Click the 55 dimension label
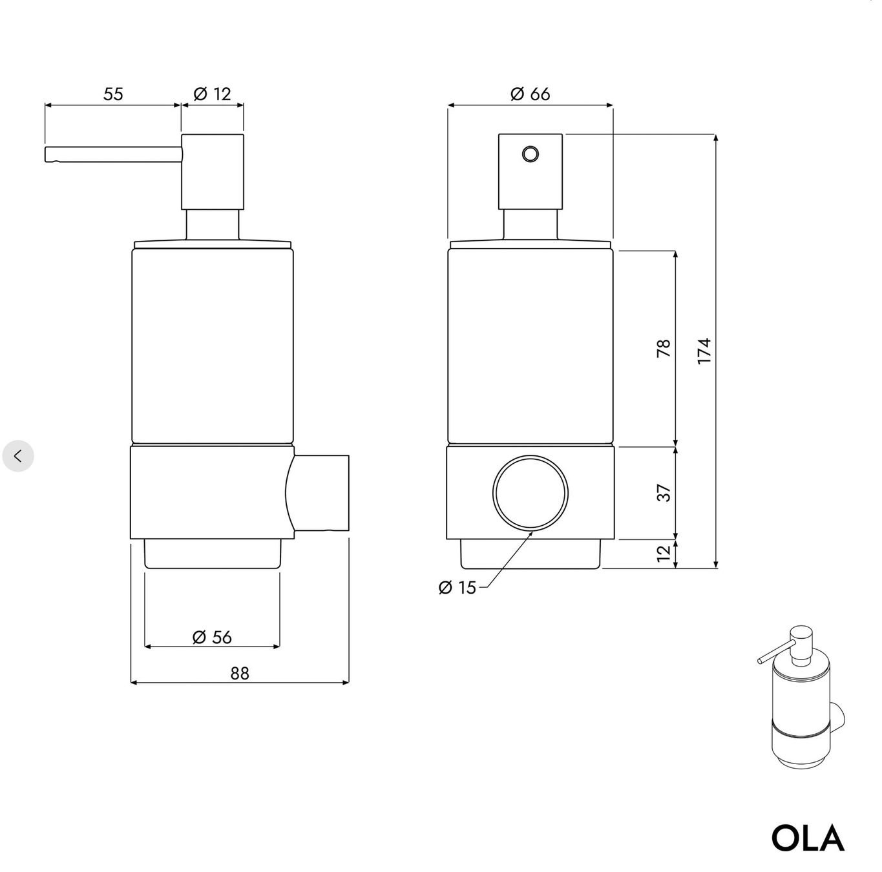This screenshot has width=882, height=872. click(x=113, y=94)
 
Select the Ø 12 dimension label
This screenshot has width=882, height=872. click(x=213, y=94)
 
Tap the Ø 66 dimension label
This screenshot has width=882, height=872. click(x=530, y=94)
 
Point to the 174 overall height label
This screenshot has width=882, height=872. click(x=704, y=351)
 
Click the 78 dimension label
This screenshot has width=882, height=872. click(x=664, y=348)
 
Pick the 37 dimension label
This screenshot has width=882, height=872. click(x=664, y=493)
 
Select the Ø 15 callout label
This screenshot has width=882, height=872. click(x=457, y=587)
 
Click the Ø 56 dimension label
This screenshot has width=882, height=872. click(x=213, y=637)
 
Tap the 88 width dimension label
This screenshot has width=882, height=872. click(x=240, y=673)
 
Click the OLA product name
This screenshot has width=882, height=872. click(x=808, y=838)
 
